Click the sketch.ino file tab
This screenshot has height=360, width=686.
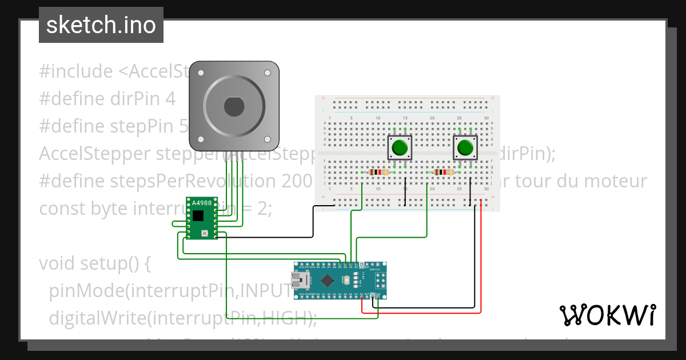(101, 25)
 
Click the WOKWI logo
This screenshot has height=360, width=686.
(607, 315)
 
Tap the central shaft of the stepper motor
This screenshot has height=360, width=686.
(233, 106)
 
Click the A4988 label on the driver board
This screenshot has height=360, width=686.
(202, 203)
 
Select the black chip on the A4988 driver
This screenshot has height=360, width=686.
(198, 215)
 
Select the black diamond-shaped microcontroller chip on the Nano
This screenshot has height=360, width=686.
(327, 281)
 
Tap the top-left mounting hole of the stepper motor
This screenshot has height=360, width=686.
(201, 73)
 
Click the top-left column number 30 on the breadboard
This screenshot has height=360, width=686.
(486, 118)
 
